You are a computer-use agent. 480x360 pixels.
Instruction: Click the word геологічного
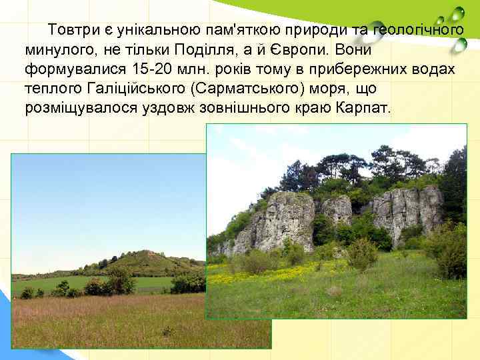click(x=417, y=31)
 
